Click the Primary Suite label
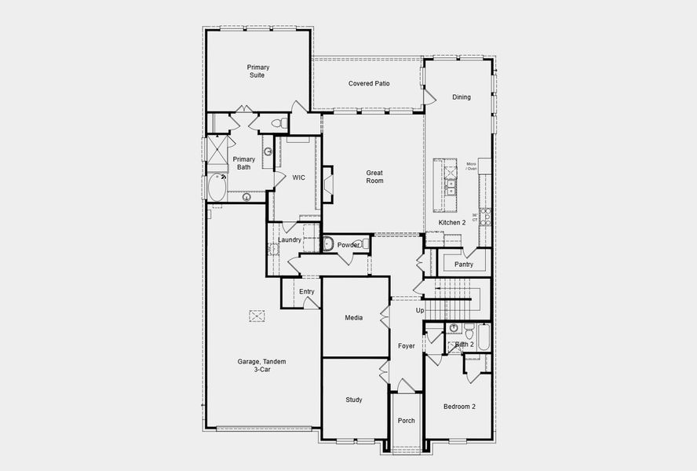coord(257,71)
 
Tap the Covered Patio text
coord(369,83)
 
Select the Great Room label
coord(374,177)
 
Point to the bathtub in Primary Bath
coord(217,188)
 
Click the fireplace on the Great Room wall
coord(327,180)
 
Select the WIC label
coord(298,178)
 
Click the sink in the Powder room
coord(328,245)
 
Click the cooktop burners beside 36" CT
coord(485,217)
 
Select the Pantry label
coord(464,265)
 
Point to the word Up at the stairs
coord(420,311)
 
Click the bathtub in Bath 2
coord(484,337)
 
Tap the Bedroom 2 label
coord(459,406)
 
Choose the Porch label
coord(407,421)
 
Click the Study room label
coord(354,400)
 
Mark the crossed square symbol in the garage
coord(257,316)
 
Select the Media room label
coord(354,318)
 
